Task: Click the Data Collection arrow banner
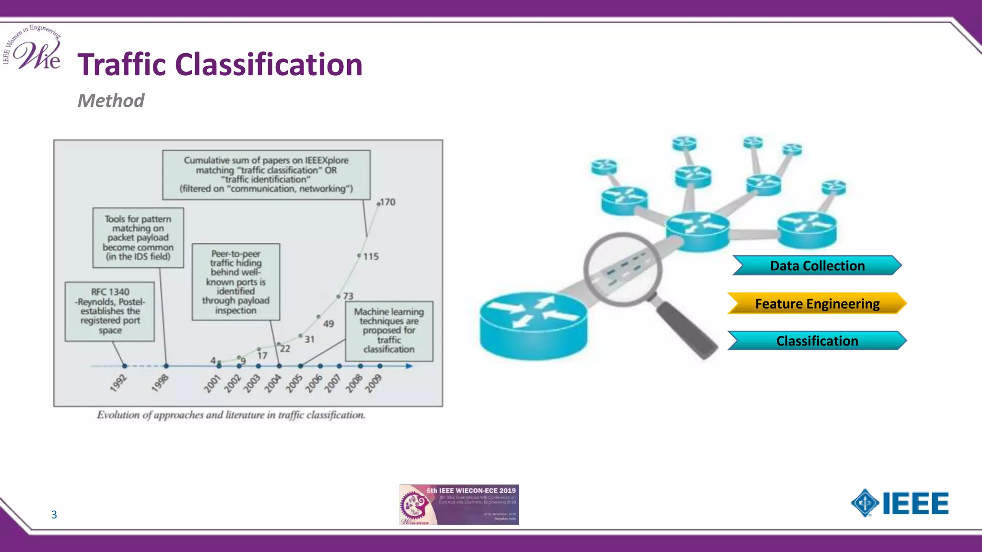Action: pyautogui.click(x=817, y=265)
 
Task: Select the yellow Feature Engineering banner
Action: pyautogui.click(x=817, y=303)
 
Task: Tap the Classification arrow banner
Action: pyautogui.click(x=817, y=341)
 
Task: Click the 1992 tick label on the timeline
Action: pyautogui.click(x=118, y=383)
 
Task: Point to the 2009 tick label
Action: pyautogui.click(x=373, y=383)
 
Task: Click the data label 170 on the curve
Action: pyautogui.click(x=387, y=202)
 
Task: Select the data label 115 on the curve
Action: pyautogui.click(x=371, y=256)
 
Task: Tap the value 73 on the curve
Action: pyautogui.click(x=348, y=296)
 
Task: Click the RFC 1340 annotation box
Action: pyautogui.click(x=110, y=311)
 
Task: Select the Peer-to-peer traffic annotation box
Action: pyautogui.click(x=235, y=282)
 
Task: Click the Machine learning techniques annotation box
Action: pyautogui.click(x=389, y=331)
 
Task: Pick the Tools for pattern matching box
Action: pyautogui.click(x=138, y=238)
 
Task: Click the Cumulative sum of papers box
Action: pyautogui.click(x=266, y=174)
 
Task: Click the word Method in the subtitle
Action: pyautogui.click(x=111, y=101)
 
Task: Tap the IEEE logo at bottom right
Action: pyautogui.click(x=900, y=503)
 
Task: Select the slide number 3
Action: pyautogui.click(x=54, y=515)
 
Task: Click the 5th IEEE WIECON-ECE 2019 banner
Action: pyautogui.click(x=459, y=505)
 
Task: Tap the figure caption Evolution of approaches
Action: pyautogui.click(x=231, y=415)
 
